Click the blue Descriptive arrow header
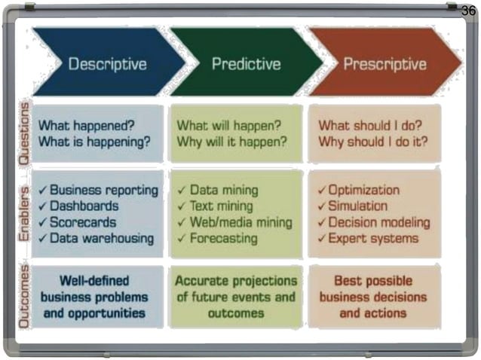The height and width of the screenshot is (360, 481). click(107, 64)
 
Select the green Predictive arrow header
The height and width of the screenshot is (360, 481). click(246, 64)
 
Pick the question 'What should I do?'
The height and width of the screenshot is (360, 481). click(369, 125)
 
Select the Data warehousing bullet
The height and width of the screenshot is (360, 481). click(102, 239)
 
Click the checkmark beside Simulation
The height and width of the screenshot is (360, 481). click(322, 206)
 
